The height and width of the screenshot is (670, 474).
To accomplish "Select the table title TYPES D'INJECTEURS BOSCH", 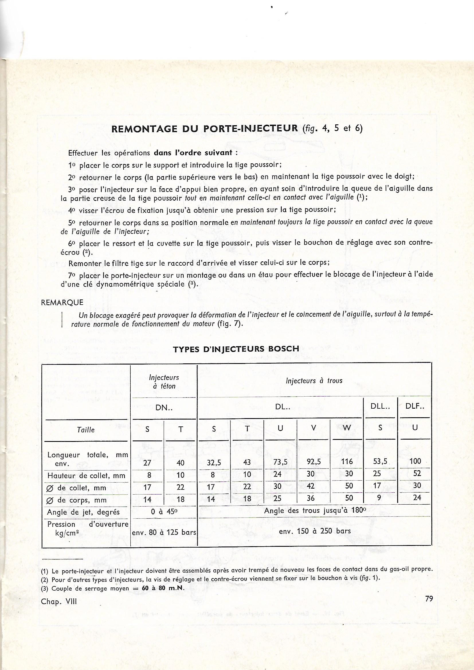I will click(236, 349).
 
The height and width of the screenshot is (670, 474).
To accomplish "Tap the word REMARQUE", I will click(62, 302).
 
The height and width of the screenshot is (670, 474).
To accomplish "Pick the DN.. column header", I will click(164, 408).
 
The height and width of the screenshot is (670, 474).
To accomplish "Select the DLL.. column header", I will click(380, 406).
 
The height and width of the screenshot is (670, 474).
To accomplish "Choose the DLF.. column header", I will click(414, 406).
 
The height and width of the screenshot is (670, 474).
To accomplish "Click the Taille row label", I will click(86, 430).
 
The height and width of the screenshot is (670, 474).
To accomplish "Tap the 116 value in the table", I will click(347, 462).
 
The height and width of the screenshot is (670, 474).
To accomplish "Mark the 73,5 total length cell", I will click(280, 462).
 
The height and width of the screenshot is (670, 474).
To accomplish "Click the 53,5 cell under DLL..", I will click(380, 462).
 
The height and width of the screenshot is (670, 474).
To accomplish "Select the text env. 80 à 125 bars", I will click(164, 532).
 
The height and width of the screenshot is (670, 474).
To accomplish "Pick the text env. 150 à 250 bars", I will click(315, 531).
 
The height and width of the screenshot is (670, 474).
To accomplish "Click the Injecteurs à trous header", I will click(314, 381).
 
